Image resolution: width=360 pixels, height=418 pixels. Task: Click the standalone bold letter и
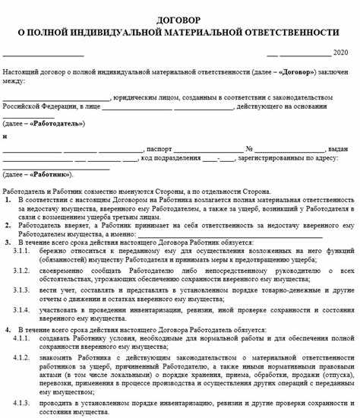click(x=5, y=136)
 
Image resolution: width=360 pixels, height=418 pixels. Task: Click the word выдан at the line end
click(x=337, y=149)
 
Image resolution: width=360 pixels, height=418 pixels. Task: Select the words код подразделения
click(x=172, y=160)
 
